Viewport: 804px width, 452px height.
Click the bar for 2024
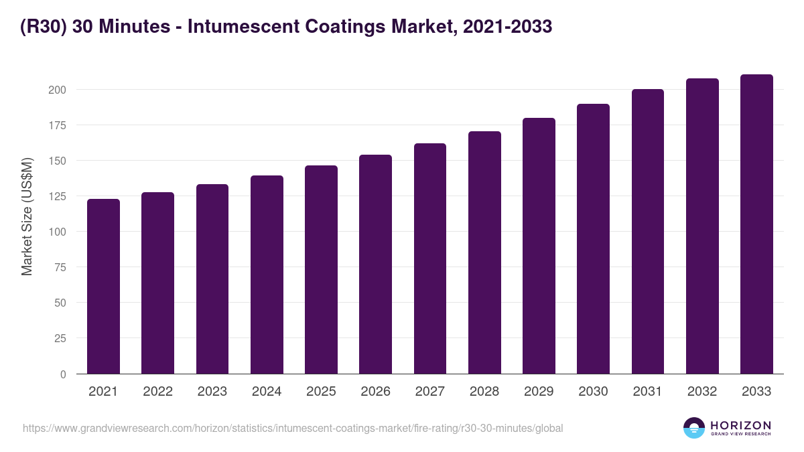pos(267,275)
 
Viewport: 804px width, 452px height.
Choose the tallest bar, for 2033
pos(756,224)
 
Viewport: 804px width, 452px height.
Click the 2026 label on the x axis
pos(375,392)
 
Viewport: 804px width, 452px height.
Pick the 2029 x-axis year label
pos(539,392)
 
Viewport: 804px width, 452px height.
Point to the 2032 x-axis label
pos(702,392)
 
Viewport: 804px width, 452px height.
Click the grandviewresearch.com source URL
pos(293,428)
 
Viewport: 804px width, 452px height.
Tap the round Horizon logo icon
pos(694,428)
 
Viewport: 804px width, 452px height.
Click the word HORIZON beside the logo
pos(740,425)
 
